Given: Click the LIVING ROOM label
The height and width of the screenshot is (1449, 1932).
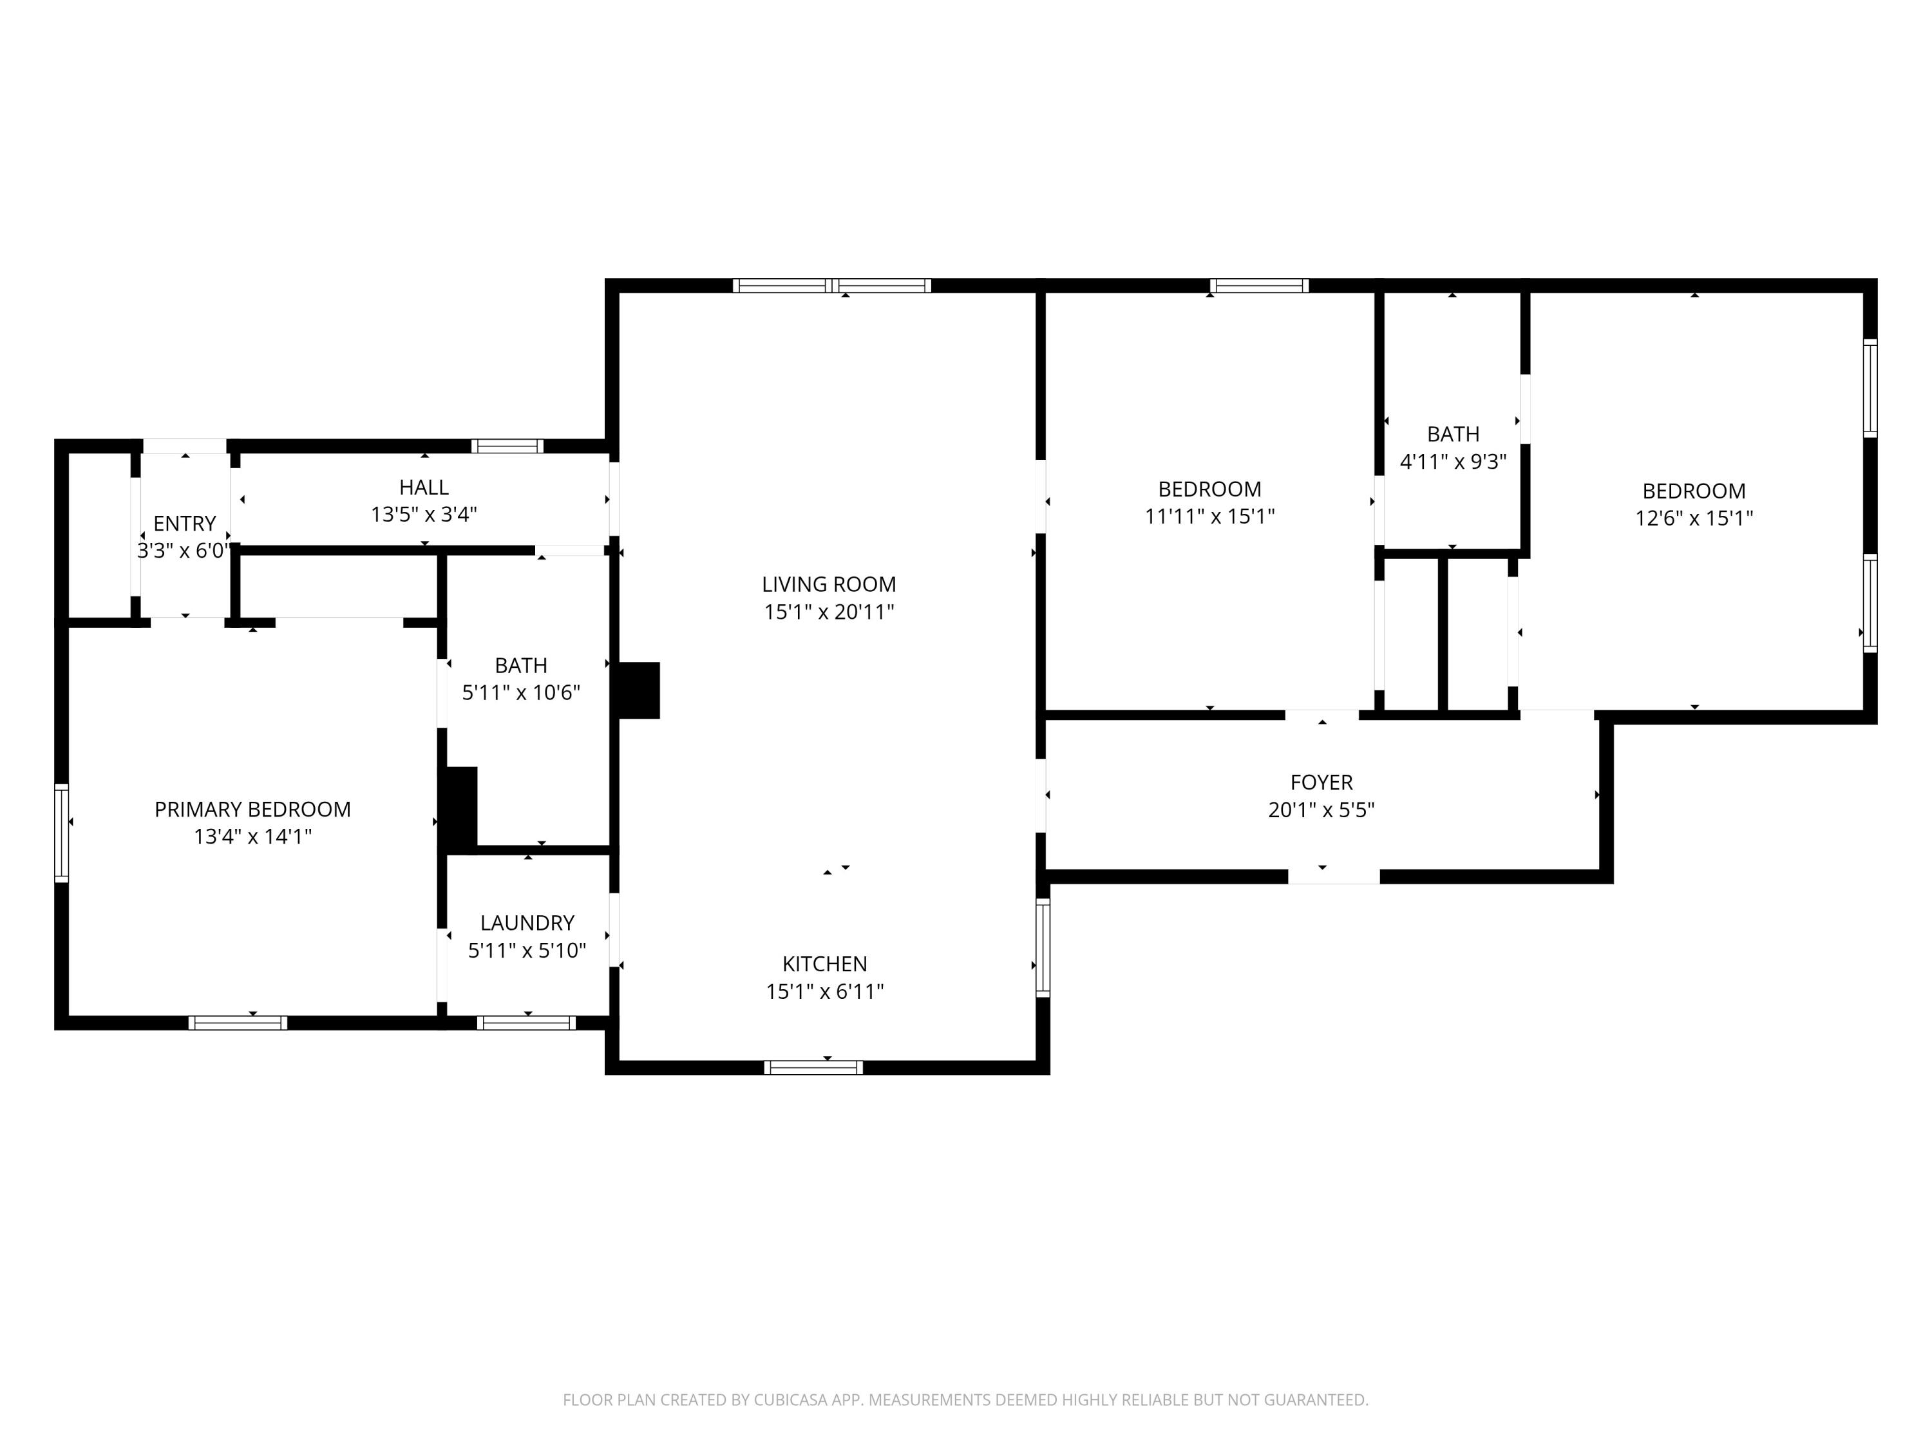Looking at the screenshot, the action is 829,584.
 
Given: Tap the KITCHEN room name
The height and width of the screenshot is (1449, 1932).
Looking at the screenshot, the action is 824,964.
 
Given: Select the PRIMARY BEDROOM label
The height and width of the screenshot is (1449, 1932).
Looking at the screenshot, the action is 252,810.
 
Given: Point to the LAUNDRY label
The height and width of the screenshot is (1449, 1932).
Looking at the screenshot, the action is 527,923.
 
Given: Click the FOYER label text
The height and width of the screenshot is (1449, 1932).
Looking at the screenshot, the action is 1321,782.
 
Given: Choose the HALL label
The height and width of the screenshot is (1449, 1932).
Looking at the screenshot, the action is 424,488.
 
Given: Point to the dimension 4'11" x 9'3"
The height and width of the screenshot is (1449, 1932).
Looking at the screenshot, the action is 1454,462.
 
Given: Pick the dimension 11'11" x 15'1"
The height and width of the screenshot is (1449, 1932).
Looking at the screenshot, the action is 1209,517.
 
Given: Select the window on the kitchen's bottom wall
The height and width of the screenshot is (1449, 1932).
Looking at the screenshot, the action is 813,1067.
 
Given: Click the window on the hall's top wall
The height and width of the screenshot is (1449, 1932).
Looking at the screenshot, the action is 507,446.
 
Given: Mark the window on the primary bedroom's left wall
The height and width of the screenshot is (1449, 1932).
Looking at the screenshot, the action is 61,832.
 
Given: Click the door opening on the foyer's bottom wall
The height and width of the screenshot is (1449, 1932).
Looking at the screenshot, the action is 1334,877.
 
